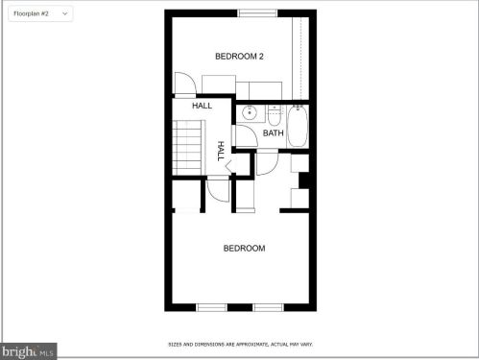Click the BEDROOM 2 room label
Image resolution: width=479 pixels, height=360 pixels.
pyautogui.click(x=239, y=57)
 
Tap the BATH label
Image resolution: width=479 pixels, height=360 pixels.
pyautogui.click(x=274, y=132)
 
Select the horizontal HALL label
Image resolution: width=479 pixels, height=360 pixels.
pyautogui.click(x=202, y=106)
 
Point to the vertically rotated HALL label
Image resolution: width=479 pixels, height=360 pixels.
pyautogui.click(x=221, y=151)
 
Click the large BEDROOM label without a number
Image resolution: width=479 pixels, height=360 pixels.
pyautogui.click(x=244, y=249)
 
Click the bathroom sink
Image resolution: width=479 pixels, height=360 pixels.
pyautogui.click(x=250, y=112)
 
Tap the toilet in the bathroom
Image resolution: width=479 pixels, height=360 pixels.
pyautogui.click(x=274, y=115)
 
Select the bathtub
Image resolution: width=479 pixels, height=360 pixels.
pyautogui.click(x=298, y=126)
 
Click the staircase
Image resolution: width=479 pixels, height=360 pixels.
pyautogui.click(x=188, y=148)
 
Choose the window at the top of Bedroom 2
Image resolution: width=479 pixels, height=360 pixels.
pyautogui.click(x=257, y=13)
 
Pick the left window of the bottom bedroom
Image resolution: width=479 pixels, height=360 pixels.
pyautogui.click(x=211, y=307)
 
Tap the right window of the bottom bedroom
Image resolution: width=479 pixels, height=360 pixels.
pyautogui.click(x=268, y=307)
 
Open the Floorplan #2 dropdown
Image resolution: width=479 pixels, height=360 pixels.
pyautogui.click(x=40, y=13)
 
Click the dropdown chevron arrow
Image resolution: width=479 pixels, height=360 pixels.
pyautogui.click(x=65, y=13)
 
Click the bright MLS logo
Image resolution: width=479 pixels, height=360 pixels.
pyautogui.click(x=28, y=351)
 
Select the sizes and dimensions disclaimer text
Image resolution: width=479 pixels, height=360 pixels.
pyautogui.click(x=240, y=345)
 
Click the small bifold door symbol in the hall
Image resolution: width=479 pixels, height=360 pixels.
pyautogui.click(x=228, y=166)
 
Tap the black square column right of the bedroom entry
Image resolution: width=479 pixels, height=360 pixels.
pyautogui.click(x=304, y=180)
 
